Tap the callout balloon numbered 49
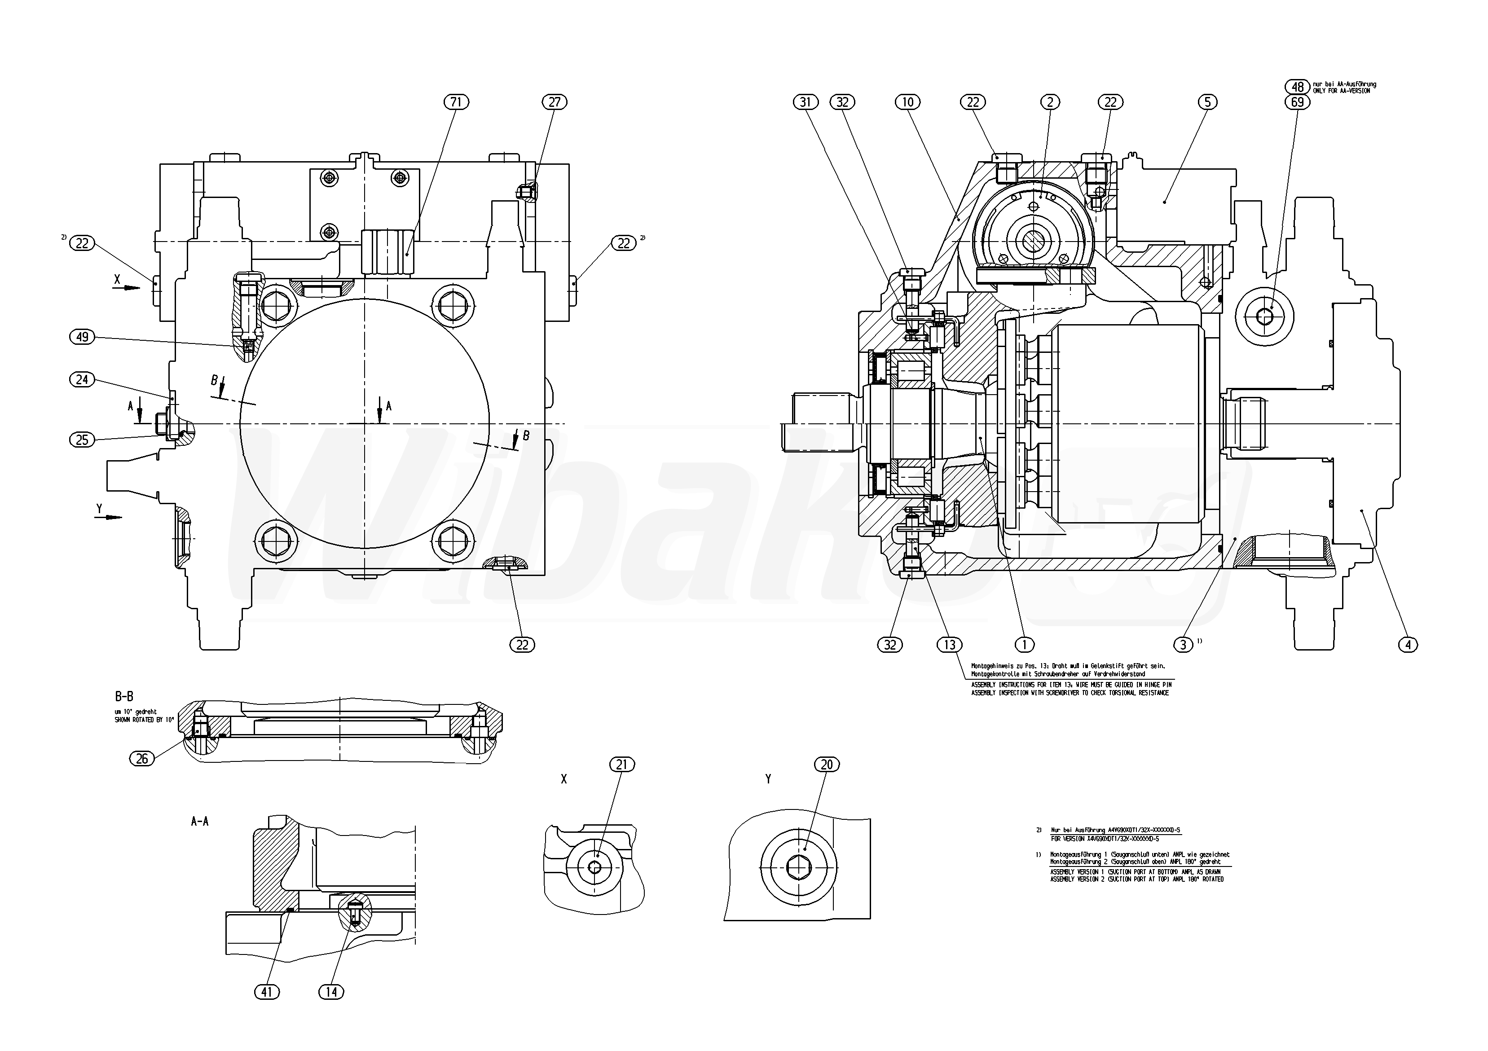pos(82,337)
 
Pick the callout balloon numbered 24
pos(82,380)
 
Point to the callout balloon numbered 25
pos(82,440)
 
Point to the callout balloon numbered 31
pos(806,102)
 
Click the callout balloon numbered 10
pos(907,102)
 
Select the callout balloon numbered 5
pos(1207,102)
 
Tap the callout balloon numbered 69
pos(1298,102)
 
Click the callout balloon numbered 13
pos(950,645)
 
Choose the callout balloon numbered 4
pos(1408,645)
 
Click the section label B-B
pos(124,697)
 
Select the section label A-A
pos(200,822)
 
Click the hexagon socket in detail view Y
pos(798,867)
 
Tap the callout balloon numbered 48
pos(1298,87)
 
